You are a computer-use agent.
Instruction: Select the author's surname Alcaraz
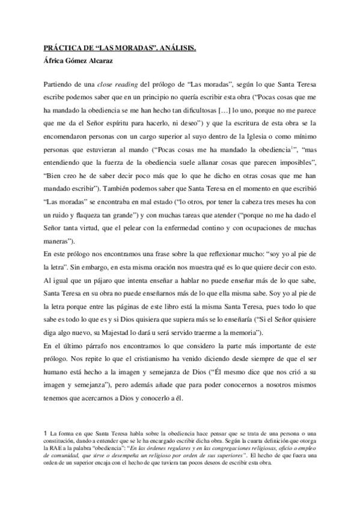click(102, 61)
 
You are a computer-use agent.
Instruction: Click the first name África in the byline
click(55, 61)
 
